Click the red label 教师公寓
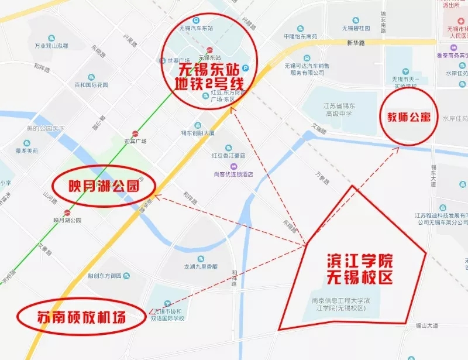coord(408,116)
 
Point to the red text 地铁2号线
coord(209,84)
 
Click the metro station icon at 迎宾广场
coord(136,133)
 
